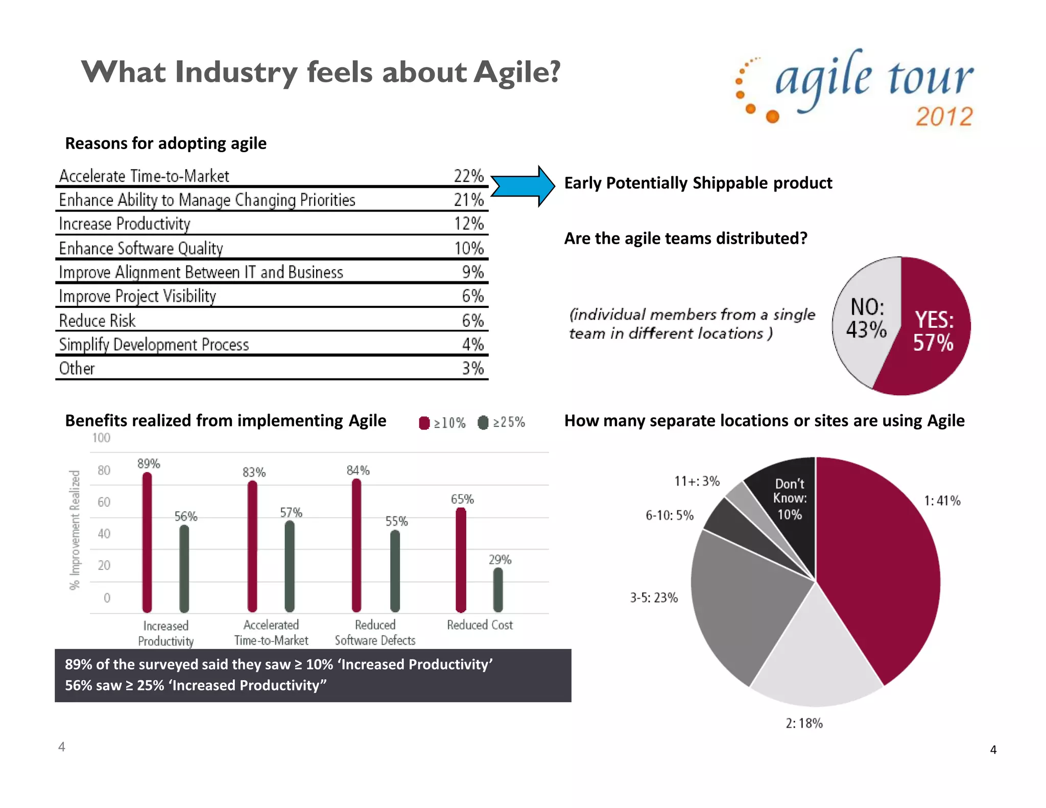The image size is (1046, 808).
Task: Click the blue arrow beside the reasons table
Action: [522, 186]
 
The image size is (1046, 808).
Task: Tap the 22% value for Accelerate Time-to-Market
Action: [468, 176]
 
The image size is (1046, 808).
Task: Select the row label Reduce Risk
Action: [97, 321]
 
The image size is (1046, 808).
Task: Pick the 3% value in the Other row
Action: [472, 368]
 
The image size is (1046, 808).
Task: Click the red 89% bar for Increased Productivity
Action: [147, 541]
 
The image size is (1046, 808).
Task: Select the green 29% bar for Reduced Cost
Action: [498, 589]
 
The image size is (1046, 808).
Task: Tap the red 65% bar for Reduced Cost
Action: [461, 559]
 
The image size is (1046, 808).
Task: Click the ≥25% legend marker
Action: [483, 423]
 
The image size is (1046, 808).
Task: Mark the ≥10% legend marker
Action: [424, 423]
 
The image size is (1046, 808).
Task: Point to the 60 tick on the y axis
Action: [104, 502]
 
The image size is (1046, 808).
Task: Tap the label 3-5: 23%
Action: [654, 598]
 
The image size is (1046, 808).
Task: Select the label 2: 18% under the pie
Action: [804, 723]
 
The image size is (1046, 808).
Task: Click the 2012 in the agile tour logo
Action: [944, 116]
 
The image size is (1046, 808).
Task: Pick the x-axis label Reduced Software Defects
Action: [375, 632]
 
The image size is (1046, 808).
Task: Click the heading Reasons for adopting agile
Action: [165, 144]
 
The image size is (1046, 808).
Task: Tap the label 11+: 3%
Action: [697, 481]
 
